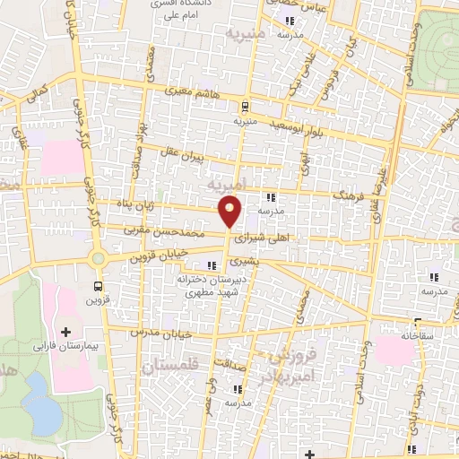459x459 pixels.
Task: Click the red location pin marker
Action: pos(230,211)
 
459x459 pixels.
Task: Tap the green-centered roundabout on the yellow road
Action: pos(98,259)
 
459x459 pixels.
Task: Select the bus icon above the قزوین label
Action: pos(98,287)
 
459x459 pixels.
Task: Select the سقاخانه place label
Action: pos(417,334)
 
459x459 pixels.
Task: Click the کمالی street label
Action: pos(38,92)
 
